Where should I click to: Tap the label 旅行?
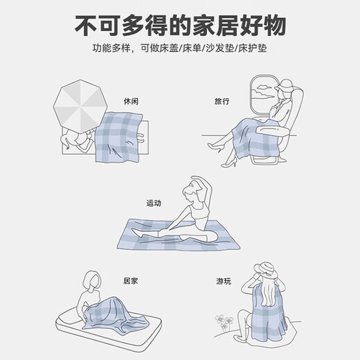pyautogui.click(x=222, y=101)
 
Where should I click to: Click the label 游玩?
pyautogui.click(x=222, y=282)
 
